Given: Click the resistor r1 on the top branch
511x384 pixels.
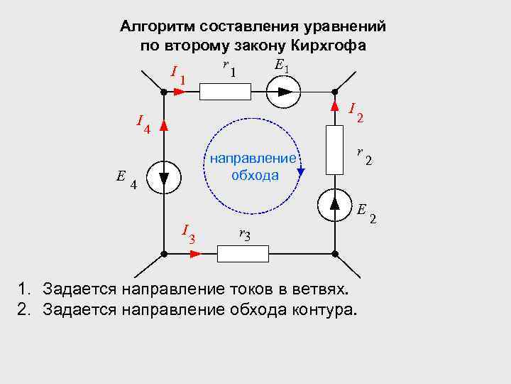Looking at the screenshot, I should pos(225,92).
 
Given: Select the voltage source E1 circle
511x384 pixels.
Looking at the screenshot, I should pos(284,92).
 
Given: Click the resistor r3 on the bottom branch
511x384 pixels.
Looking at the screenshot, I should pos(243,254).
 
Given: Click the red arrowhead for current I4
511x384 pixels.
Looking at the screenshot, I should pos(163,126).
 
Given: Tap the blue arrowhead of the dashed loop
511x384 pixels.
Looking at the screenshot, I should pos(301,171).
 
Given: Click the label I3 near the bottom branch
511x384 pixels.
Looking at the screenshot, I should pos(188,233).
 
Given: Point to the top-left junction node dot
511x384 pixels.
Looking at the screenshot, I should pos(163,92).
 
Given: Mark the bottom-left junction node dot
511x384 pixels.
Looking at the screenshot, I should pos(163,254).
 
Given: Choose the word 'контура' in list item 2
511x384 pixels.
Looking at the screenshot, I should pos(330,309).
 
